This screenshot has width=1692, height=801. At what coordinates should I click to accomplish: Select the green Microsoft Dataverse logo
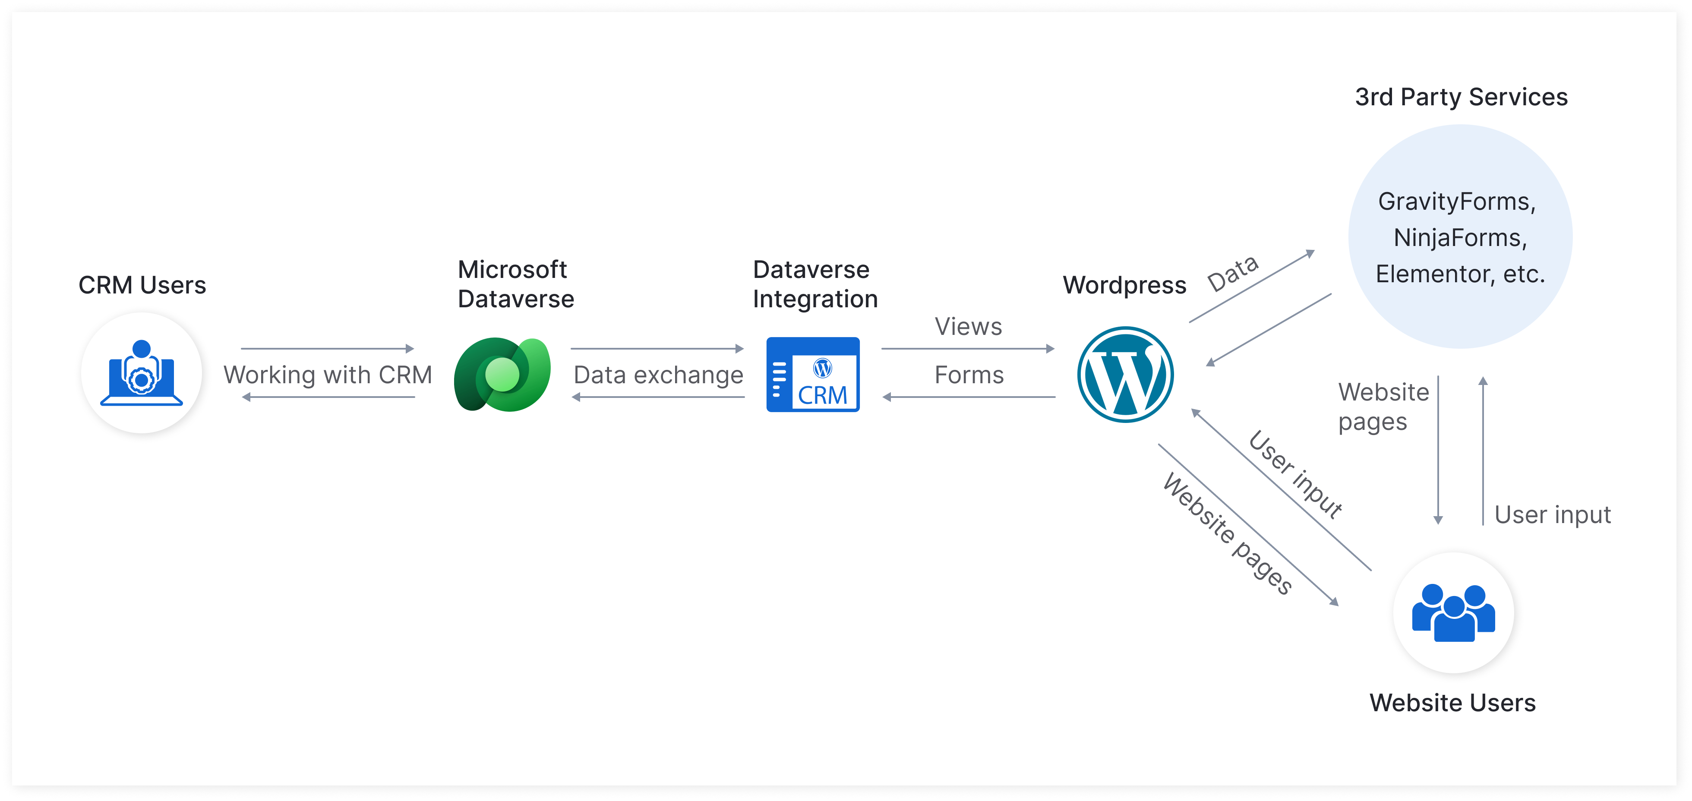(x=502, y=374)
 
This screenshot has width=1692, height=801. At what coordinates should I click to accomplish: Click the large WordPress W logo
(x=1125, y=374)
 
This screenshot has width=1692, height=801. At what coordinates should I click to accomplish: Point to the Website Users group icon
(x=1454, y=612)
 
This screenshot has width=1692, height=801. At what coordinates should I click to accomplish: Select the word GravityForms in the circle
(x=1455, y=202)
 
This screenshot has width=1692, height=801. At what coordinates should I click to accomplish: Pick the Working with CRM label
(x=328, y=375)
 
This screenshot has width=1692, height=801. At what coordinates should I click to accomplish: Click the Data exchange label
(x=658, y=375)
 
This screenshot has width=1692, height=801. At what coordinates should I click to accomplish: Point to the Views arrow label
(x=968, y=326)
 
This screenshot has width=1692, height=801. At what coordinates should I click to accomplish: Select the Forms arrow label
(x=969, y=375)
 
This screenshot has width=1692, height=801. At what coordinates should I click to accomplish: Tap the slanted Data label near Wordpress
(x=1233, y=273)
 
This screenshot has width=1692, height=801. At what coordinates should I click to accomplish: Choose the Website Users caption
(x=1452, y=703)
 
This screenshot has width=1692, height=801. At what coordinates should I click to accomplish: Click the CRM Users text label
(x=142, y=285)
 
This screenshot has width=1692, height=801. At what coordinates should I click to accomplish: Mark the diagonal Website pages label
(x=1227, y=533)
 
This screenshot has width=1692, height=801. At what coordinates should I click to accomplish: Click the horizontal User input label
(x=1552, y=515)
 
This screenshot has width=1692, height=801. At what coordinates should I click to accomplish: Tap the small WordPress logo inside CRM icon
(x=822, y=368)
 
